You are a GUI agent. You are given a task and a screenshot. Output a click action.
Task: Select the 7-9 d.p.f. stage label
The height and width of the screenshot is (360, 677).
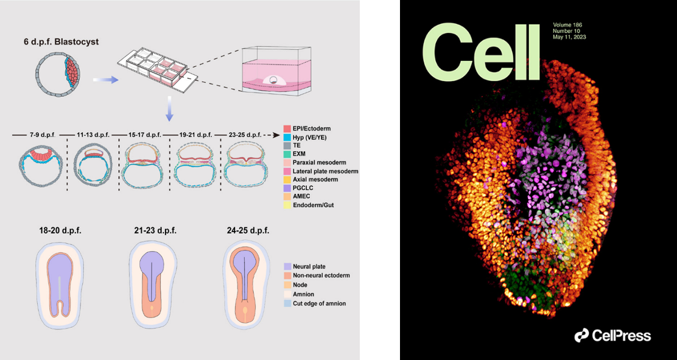tap(40, 135)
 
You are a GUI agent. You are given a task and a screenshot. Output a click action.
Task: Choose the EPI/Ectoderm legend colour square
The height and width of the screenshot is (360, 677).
tap(287, 129)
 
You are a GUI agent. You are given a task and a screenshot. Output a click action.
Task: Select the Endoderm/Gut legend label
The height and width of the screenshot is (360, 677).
tap(314, 205)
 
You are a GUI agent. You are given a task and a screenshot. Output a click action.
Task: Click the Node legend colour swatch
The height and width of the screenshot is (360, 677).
tap(287, 285)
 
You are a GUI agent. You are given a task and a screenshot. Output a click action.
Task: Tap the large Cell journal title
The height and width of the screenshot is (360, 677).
tap(482, 52)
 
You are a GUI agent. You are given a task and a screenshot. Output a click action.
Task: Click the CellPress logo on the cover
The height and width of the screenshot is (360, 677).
tap(612, 336)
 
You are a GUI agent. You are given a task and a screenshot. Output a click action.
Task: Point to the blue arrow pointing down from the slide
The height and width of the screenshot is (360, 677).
tap(170, 108)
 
